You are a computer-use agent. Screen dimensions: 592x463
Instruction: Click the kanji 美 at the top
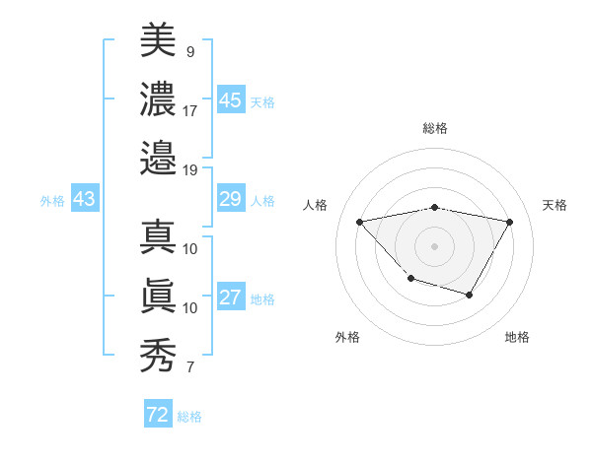pyautogui.click(x=158, y=41)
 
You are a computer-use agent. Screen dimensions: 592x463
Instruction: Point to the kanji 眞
pyautogui.click(x=158, y=298)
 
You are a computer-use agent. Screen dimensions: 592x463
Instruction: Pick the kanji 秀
pyautogui.click(x=158, y=355)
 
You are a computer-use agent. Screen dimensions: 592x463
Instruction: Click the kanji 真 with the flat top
pyautogui.click(x=158, y=238)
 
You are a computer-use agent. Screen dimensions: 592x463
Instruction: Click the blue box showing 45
pyautogui.click(x=230, y=100)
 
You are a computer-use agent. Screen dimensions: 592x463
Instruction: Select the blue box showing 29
pyautogui.click(x=230, y=199)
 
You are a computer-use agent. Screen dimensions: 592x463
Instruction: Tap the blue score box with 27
pyautogui.click(x=230, y=298)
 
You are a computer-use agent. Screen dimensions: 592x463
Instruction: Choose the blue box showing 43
pyautogui.click(x=84, y=199)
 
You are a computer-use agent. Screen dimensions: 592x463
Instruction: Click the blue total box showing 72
pyautogui.click(x=157, y=415)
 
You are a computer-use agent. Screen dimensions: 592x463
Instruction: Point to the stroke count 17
pyautogui.click(x=190, y=110)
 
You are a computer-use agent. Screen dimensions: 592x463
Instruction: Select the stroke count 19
pyautogui.click(x=190, y=169)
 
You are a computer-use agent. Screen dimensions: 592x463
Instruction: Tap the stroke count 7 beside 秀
pyautogui.click(x=189, y=368)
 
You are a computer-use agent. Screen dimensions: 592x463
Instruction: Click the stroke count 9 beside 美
pyautogui.click(x=189, y=51)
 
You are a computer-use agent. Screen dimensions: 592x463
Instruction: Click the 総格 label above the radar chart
pyautogui.click(x=435, y=128)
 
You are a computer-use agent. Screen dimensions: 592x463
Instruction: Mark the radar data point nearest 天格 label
pyautogui.click(x=509, y=222)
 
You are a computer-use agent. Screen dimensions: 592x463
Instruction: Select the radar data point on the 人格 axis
pyautogui.click(x=360, y=222)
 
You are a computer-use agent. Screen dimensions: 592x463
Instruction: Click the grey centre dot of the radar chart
pyautogui.click(x=435, y=245)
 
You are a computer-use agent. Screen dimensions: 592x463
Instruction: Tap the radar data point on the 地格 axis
pyautogui.click(x=470, y=295)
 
